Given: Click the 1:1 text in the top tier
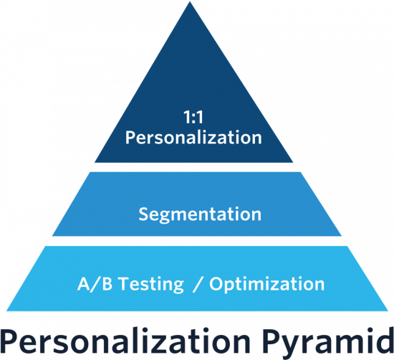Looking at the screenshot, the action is pyautogui.click(x=193, y=117).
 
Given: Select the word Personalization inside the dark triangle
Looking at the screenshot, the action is pyautogui.click(x=193, y=138).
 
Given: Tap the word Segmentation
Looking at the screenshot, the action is pyautogui.click(x=200, y=214).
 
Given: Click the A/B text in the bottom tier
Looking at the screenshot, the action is pyautogui.click(x=95, y=284).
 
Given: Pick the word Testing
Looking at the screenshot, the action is pyautogui.click(x=151, y=285).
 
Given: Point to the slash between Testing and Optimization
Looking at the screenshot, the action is pyautogui.click(x=198, y=284).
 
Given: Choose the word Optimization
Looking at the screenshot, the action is pyautogui.click(x=267, y=285).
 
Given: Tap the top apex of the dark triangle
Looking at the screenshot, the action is pyautogui.click(x=190, y=1).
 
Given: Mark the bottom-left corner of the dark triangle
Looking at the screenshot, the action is pyautogui.click(x=95, y=162).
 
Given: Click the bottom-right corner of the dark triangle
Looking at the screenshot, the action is pyautogui.click(x=293, y=162).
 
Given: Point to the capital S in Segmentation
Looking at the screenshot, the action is pyautogui.click(x=145, y=214).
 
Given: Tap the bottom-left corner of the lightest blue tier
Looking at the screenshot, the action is pyautogui.click(x=6, y=311).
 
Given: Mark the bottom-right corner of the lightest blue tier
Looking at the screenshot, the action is pyautogui.click(x=388, y=311).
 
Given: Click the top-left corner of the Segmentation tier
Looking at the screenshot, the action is pyautogui.click(x=90, y=172).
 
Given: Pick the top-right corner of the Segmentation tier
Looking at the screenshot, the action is pyautogui.click(x=300, y=172).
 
